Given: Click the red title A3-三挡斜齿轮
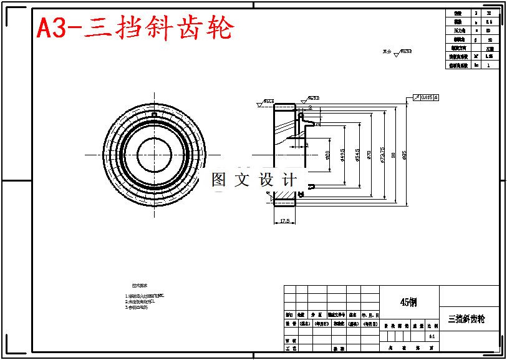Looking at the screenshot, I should (x=135, y=28).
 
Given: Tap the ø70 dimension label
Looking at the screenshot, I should (x=369, y=155).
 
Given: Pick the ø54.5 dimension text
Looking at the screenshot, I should (x=357, y=155).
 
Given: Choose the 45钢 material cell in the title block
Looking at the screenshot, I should (x=409, y=302).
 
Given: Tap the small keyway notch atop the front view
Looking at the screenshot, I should (x=153, y=115).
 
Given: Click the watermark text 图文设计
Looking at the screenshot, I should (x=254, y=180).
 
